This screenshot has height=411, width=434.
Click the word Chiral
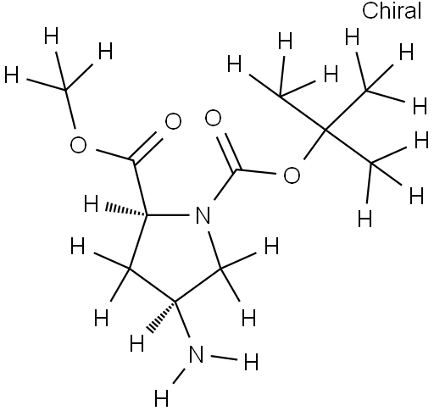click(392, 11)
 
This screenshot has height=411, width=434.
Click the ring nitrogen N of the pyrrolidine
click(203, 215)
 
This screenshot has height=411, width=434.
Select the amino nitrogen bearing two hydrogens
click(196, 354)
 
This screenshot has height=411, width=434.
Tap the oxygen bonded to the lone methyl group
click(78, 145)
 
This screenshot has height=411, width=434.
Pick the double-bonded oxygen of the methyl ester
click(173, 121)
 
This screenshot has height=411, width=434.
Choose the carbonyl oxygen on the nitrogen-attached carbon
click(213, 118)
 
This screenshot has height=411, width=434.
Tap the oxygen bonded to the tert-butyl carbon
click(292, 175)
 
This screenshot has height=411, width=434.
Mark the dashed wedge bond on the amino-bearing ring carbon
click(161, 316)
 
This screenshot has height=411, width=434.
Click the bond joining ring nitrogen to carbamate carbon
click(226, 185)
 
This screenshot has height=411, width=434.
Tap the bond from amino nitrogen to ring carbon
click(182, 319)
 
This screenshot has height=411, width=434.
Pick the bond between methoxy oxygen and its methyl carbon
click(70, 109)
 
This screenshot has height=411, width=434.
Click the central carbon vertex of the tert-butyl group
click(325, 130)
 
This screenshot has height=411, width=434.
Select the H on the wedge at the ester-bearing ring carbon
click(91, 203)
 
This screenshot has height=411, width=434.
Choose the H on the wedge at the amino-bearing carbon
click(137, 342)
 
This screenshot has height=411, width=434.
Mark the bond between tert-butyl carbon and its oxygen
click(314, 145)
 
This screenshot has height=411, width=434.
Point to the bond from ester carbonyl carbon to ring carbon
click(140, 188)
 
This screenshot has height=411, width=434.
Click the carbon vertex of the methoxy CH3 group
click(65, 90)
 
